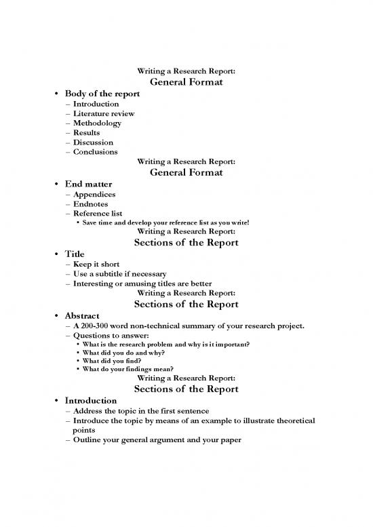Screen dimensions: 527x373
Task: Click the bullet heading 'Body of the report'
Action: [102, 94]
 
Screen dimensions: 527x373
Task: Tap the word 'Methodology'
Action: [97, 123]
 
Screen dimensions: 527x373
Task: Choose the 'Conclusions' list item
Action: [95, 152]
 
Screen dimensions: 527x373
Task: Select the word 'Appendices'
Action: [94, 194]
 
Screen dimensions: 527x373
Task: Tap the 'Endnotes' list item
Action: [90, 203]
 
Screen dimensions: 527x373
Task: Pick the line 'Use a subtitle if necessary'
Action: [120, 274]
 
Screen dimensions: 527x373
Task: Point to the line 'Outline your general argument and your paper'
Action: [153, 439]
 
